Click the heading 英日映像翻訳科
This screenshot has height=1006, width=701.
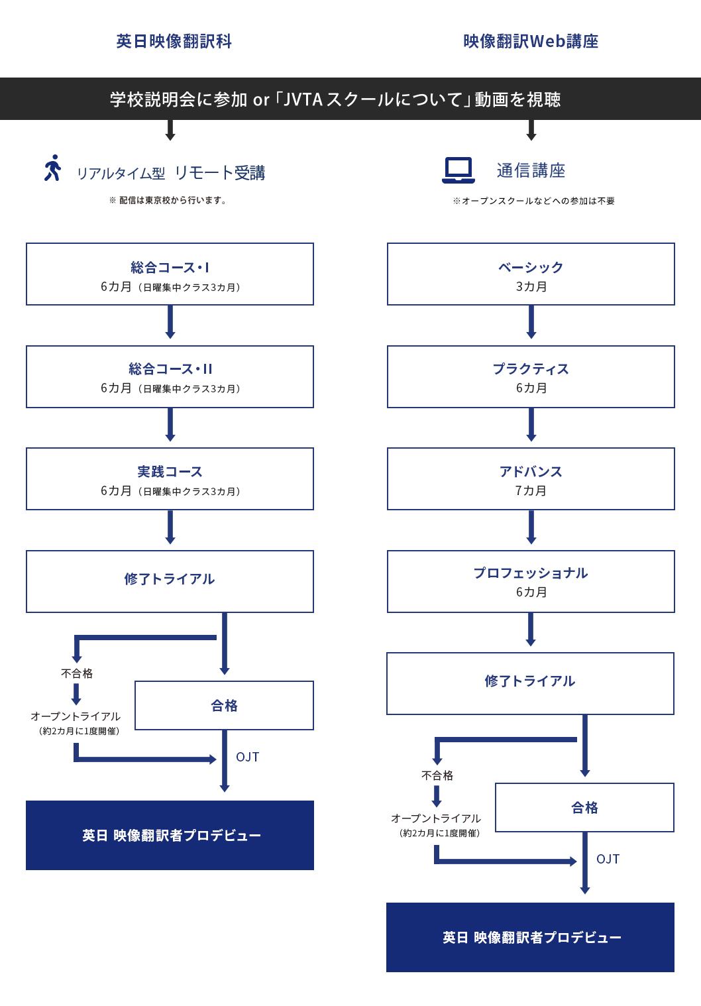(x=174, y=41)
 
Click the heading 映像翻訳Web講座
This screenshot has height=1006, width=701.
(x=531, y=41)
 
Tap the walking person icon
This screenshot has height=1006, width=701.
(x=52, y=168)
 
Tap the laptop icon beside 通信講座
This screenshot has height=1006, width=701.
(x=458, y=170)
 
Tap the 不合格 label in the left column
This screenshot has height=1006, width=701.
(x=77, y=673)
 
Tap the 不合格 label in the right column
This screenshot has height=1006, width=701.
(x=437, y=775)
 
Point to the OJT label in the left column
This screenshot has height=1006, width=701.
(x=247, y=757)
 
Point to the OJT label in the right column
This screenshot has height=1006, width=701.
(x=608, y=859)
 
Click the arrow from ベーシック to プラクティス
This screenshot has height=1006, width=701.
(x=531, y=322)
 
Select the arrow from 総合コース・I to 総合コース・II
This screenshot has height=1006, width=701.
(x=170, y=322)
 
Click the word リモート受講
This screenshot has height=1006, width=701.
(x=219, y=172)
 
